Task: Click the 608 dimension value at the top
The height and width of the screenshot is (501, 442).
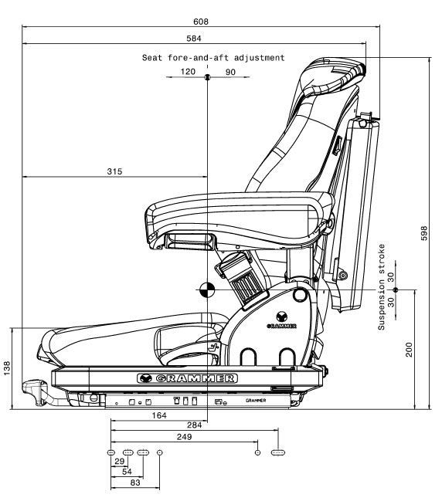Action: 200,21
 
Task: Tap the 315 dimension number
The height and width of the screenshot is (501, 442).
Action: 114,171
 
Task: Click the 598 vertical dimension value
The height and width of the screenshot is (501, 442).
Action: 423,233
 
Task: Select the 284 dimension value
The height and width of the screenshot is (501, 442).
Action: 195,425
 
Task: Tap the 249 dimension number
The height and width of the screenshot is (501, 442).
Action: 184,437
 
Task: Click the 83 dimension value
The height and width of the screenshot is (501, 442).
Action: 135,482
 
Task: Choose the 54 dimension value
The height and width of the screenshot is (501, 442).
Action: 127,472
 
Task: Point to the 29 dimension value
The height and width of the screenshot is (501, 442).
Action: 120,462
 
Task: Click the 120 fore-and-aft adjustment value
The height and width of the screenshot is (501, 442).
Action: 188,71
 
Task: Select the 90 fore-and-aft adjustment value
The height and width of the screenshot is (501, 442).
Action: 229,71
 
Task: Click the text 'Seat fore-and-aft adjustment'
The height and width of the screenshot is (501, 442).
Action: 213,58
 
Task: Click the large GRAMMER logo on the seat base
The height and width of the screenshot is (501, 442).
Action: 187,378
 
